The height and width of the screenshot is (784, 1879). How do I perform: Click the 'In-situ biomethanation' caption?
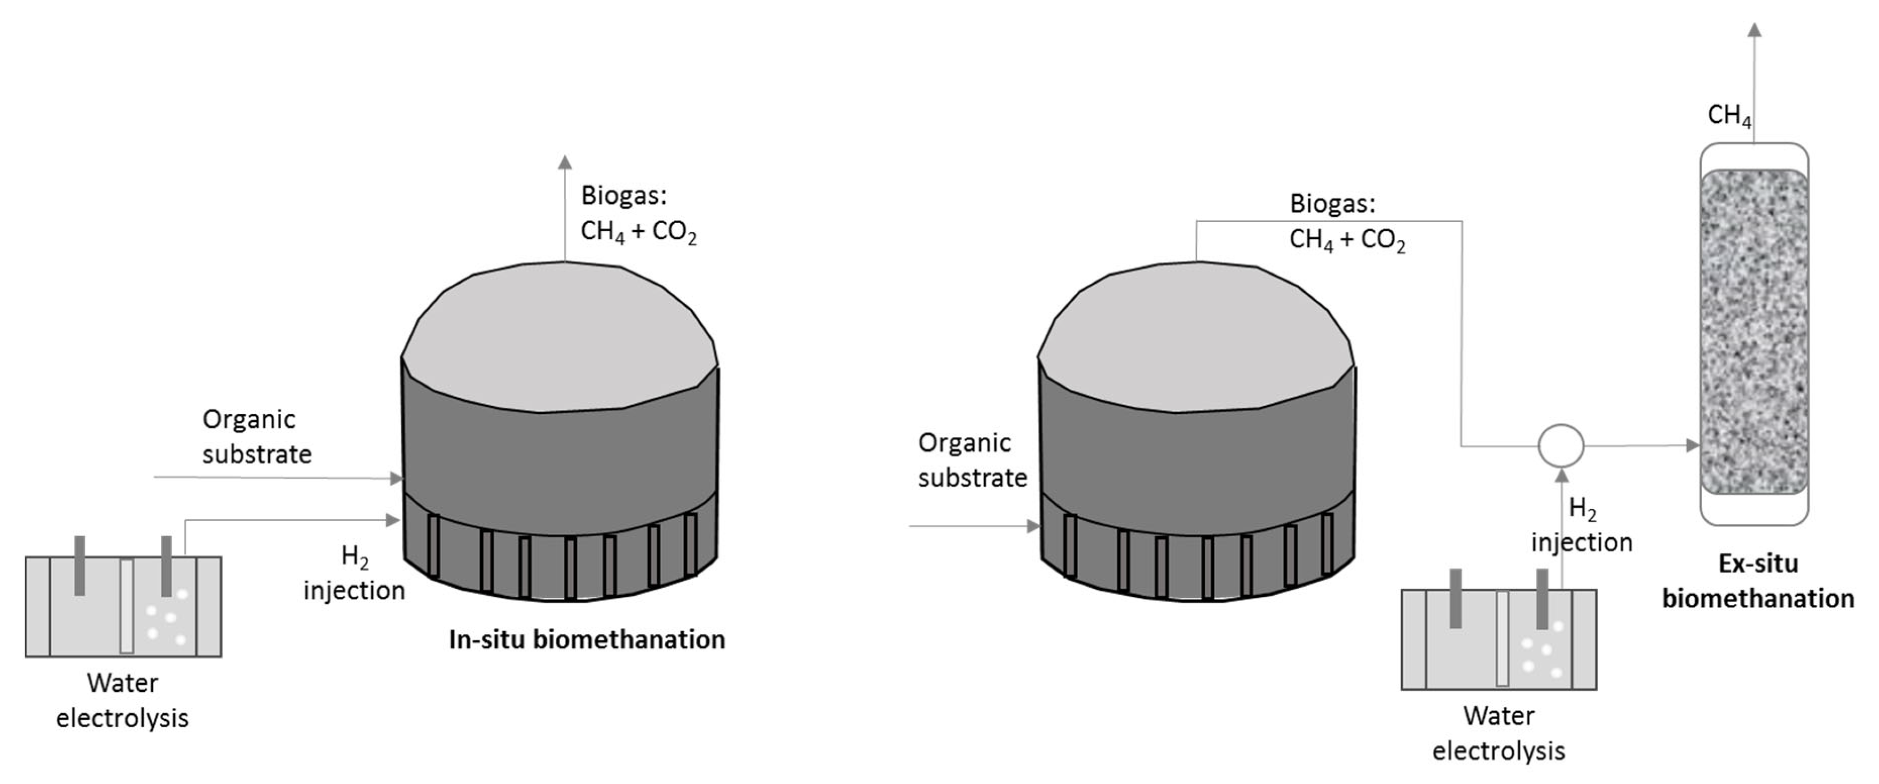586,640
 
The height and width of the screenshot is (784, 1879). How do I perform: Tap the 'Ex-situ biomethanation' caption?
1758,581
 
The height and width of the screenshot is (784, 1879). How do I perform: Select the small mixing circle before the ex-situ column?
1561,446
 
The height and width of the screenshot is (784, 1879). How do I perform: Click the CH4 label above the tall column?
1729,115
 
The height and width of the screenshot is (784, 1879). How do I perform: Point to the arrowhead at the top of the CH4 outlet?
1755,30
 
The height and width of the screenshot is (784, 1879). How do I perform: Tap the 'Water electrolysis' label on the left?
122,700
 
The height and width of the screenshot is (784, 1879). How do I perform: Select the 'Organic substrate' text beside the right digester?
972,460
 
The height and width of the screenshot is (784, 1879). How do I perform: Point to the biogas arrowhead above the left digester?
564,162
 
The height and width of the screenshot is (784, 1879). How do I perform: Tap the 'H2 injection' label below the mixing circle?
1581,526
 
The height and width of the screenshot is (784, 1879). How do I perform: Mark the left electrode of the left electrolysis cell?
79,565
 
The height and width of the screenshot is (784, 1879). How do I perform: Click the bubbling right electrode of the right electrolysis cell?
1542,598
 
